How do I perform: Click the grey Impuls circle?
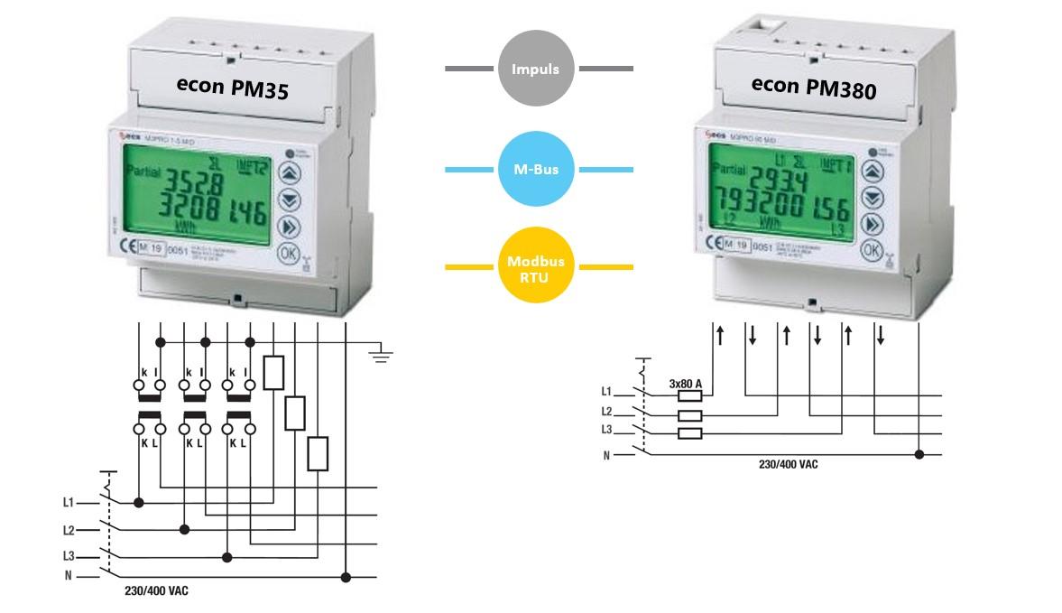pos(536,69)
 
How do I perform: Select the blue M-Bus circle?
pos(536,169)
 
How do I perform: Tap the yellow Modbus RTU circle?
pos(536,267)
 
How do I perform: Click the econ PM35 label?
pos(232,86)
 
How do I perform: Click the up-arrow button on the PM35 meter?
pos(287,172)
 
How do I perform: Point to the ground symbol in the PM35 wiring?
pos(382,355)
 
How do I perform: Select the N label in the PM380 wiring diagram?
pos(607,455)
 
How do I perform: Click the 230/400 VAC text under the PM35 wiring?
pos(157,591)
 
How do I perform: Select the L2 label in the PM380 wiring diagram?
pos(607,412)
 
